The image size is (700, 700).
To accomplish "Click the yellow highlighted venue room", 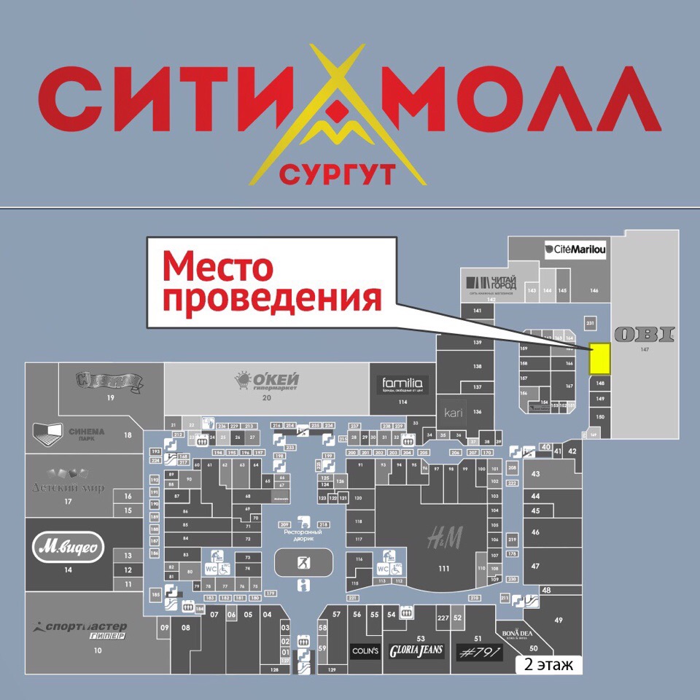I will pyautogui.click(x=599, y=359).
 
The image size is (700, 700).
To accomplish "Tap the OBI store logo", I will pyautogui.click(x=645, y=335).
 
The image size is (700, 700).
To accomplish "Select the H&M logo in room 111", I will pyautogui.click(x=445, y=538).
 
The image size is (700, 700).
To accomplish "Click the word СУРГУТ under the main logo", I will pyautogui.click(x=337, y=174).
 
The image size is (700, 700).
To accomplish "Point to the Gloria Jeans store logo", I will pyautogui.click(x=416, y=651).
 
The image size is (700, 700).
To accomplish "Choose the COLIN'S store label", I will pyautogui.click(x=365, y=651).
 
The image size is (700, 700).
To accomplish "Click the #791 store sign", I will pyautogui.click(x=479, y=652).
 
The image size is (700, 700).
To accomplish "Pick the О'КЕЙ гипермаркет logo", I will pyautogui.click(x=267, y=380).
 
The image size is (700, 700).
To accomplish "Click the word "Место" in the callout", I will pyautogui.click(x=217, y=267).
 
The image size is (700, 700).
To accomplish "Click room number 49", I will pyautogui.click(x=558, y=620).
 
